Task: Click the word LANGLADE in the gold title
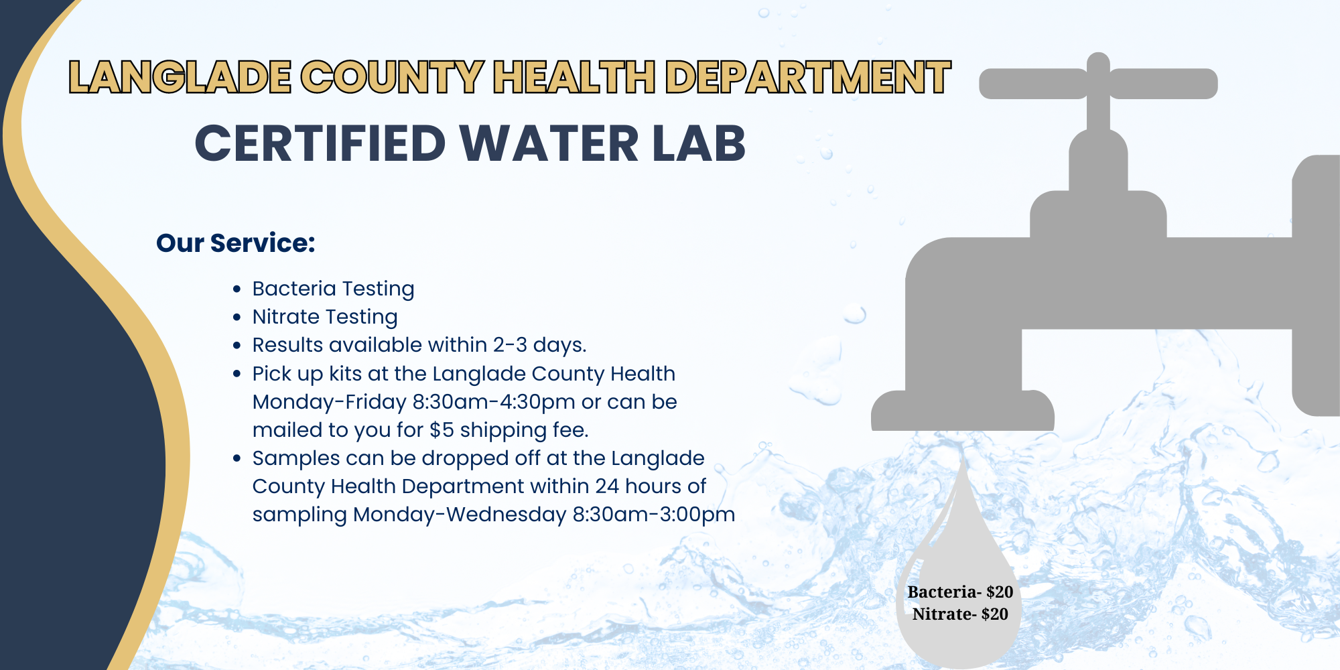[x=180, y=76]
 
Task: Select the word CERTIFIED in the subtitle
[x=320, y=143]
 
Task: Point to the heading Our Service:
[x=235, y=243]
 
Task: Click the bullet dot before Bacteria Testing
[x=237, y=289]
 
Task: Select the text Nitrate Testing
[x=325, y=316]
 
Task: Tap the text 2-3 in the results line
[x=510, y=344]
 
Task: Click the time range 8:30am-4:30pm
[x=494, y=401]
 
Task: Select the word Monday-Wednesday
[x=460, y=514]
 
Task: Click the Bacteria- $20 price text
[x=959, y=592]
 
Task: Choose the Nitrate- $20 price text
[x=959, y=614]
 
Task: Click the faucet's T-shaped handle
[x=1098, y=84]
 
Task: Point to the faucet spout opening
[x=962, y=422]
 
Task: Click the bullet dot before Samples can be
[x=237, y=459]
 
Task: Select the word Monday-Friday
[x=329, y=401]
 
